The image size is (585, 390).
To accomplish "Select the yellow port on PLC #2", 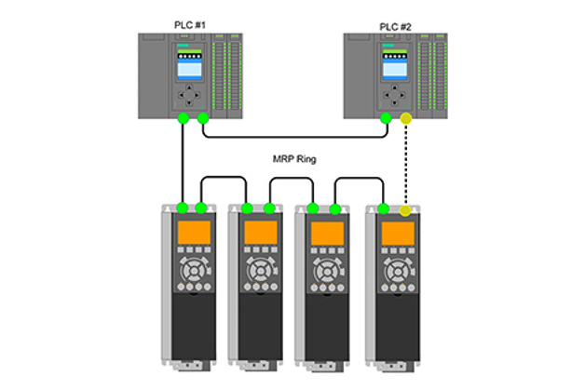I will [x=405, y=118].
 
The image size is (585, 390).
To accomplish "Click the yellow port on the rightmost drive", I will [x=405, y=211].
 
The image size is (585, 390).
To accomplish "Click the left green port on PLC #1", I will [x=184, y=118].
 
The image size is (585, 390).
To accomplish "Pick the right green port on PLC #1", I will [x=202, y=118].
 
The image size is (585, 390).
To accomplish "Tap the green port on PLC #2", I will [x=386, y=118].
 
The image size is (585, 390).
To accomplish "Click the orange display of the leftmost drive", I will [x=192, y=233].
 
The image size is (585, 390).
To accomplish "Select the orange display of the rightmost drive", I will [x=395, y=233].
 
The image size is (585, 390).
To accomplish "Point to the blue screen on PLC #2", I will [x=394, y=67].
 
